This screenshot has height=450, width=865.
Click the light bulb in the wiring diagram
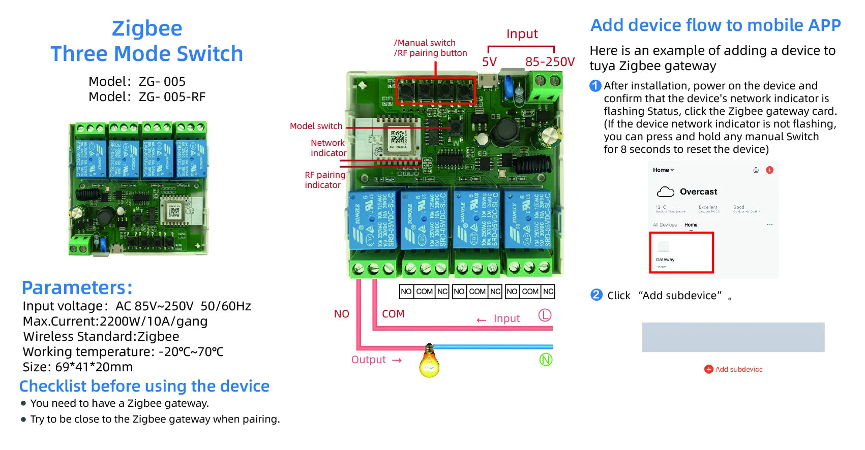click(429, 362)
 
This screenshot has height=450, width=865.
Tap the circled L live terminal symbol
click(545, 315)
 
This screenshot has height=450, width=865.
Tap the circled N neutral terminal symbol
click(546, 360)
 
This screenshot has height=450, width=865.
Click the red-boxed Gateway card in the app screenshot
click(681, 252)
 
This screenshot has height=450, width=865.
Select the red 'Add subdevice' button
click(733, 369)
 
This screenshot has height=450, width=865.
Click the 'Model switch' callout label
click(316, 126)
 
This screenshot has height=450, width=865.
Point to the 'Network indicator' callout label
click(328, 148)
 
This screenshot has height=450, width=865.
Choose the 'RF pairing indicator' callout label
click(324, 180)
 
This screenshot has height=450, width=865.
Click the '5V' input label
click(489, 62)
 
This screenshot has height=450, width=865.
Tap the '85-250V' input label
click(550, 62)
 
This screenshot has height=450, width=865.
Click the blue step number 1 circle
click(595, 86)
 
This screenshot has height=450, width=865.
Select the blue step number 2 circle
click(596, 295)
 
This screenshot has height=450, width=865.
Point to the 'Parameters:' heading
click(77, 288)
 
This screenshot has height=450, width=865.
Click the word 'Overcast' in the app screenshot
click(698, 192)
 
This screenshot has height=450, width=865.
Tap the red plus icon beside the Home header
click(769, 170)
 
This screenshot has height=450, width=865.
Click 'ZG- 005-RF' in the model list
click(172, 97)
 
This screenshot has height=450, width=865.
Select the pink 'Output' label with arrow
click(376, 360)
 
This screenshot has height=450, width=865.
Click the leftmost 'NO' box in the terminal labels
click(406, 292)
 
